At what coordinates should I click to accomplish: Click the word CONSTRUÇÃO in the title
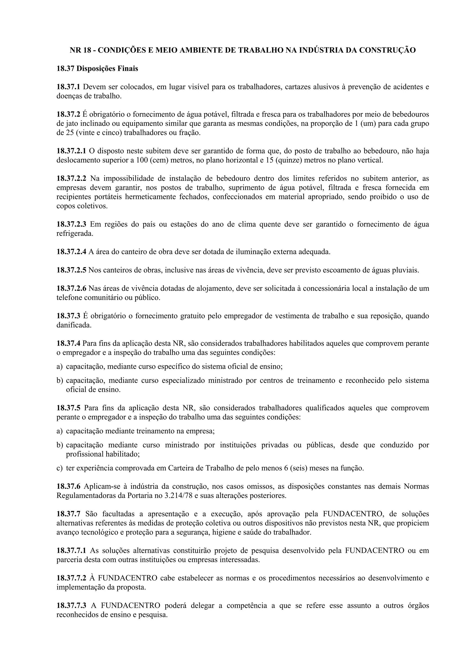[387, 50]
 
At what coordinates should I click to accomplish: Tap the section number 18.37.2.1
[71, 151]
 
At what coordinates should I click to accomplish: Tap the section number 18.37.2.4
[71, 252]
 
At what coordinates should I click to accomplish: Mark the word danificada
[74, 325]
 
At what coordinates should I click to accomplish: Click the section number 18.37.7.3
[71, 605]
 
